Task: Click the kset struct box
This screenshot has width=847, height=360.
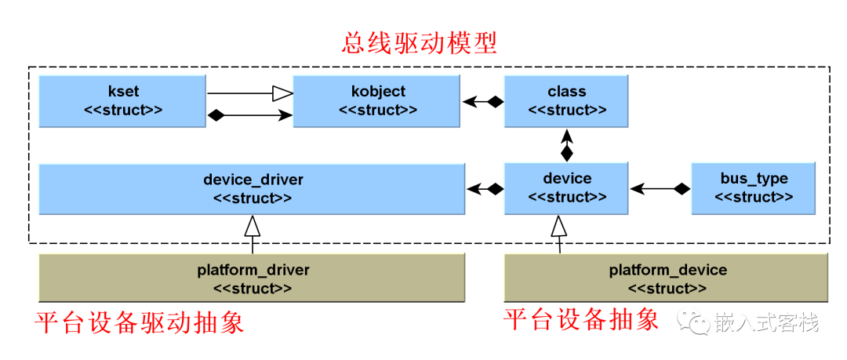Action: coord(122,101)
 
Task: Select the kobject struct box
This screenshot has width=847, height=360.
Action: coord(377,101)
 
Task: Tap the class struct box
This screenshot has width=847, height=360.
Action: coord(566,101)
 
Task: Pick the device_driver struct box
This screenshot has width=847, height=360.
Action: coord(253,188)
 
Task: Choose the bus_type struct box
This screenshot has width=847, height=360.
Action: coord(754,188)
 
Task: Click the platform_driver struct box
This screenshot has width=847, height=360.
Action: coord(253,278)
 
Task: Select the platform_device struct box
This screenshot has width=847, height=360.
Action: coord(667,278)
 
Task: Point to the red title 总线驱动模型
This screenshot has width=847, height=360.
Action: coord(419,43)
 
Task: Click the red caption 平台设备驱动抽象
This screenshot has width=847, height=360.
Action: coord(140,323)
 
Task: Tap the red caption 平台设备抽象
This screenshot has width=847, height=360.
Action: coord(581,319)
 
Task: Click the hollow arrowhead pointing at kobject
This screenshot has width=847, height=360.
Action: coord(282,93)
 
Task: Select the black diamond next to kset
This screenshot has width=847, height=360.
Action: coord(216,115)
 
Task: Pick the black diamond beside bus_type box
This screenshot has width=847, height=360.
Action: coord(683,189)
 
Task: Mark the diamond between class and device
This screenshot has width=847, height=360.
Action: coord(566,153)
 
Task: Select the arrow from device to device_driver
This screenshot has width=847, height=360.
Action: coord(485,189)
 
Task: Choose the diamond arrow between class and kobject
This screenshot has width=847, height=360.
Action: coord(483,101)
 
